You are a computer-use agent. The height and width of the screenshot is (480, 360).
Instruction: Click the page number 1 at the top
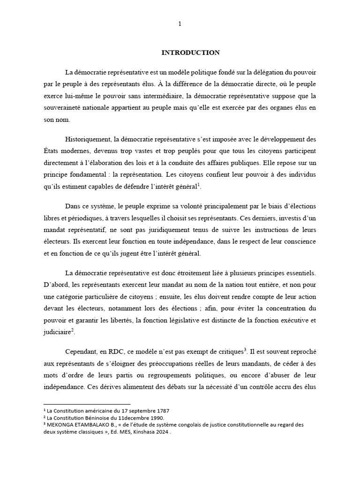(x=180, y=24)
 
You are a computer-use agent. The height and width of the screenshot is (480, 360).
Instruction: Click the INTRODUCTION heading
(x=190, y=52)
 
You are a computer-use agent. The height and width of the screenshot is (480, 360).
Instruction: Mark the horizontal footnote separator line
(x=87, y=404)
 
